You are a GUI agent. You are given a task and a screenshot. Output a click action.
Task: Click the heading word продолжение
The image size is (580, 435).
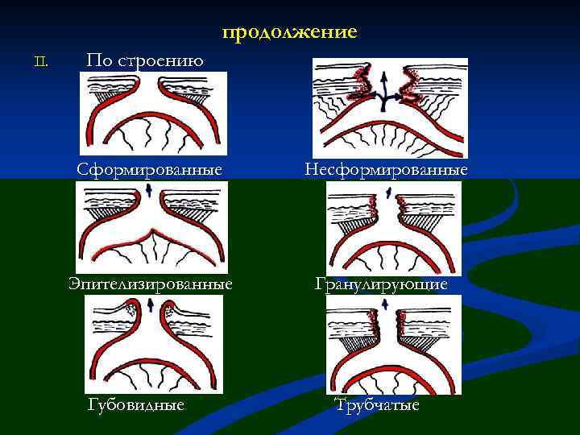coord(289,32)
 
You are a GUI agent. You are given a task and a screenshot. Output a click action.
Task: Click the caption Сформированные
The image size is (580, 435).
coord(149,171)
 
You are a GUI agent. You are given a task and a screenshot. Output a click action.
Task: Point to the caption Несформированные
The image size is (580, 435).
coord(387,171)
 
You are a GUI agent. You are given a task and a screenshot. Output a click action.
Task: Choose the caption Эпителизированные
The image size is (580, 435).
coord(151,284)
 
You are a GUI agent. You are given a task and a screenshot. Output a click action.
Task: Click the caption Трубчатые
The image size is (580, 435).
coord(377,405)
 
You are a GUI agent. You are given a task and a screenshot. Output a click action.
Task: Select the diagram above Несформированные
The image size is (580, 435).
coord(389,107)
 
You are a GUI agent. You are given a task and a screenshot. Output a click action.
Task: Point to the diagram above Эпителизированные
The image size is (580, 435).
coord(151,228)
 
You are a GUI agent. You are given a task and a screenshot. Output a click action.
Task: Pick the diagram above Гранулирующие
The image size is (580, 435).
coord(393,228)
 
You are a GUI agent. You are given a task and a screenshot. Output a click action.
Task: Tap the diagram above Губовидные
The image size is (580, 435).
coord(154,344)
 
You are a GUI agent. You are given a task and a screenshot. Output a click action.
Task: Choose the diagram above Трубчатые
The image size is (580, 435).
coord(393,344)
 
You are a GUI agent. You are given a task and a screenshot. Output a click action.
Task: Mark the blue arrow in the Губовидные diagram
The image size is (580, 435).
coord(151,304)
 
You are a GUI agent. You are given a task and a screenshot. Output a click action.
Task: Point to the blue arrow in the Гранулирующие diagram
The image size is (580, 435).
coord(388,192)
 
